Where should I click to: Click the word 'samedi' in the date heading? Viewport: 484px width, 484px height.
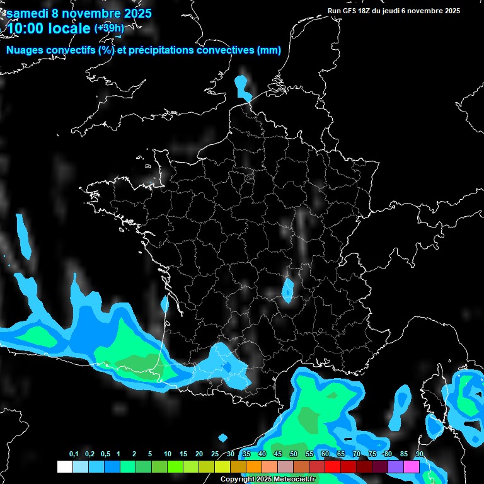pyautogui.click(x=27, y=13)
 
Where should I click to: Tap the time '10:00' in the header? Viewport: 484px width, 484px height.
pyautogui.click(x=28, y=28)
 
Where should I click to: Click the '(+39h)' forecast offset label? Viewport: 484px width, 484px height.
pyautogui.click(x=110, y=28)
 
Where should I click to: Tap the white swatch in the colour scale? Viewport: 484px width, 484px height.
pyautogui.click(x=64, y=466)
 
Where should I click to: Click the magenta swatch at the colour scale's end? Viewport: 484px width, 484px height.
pyautogui.click(x=412, y=466)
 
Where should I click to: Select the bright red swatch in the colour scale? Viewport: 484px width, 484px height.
pyautogui.click(x=333, y=466)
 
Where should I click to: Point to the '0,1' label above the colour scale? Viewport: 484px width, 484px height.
pyautogui.click(x=73, y=454)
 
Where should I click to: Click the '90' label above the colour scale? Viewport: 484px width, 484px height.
pyautogui.click(x=419, y=454)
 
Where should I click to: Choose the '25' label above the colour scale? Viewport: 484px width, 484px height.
pyautogui.click(x=215, y=454)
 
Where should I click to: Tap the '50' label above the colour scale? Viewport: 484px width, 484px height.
pyautogui.click(x=294, y=454)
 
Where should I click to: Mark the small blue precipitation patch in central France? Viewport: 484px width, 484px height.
pyautogui.click(x=287, y=290)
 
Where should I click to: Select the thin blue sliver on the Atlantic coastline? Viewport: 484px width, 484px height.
pyautogui.click(x=164, y=304)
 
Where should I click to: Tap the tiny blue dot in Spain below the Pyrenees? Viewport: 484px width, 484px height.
pyautogui.click(x=222, y=437)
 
